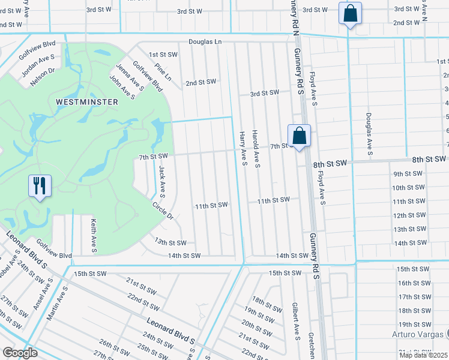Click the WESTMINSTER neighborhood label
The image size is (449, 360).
click(86, 102)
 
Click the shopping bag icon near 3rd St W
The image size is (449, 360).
click(350, 13)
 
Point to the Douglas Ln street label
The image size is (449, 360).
click(205, 42)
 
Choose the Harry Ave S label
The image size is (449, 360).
click(243, 148)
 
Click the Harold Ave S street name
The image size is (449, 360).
click(256, 148)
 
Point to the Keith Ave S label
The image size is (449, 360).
click(94, 235)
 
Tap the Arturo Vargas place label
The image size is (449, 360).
click(417, 334)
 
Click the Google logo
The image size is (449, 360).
click(19, 352)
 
